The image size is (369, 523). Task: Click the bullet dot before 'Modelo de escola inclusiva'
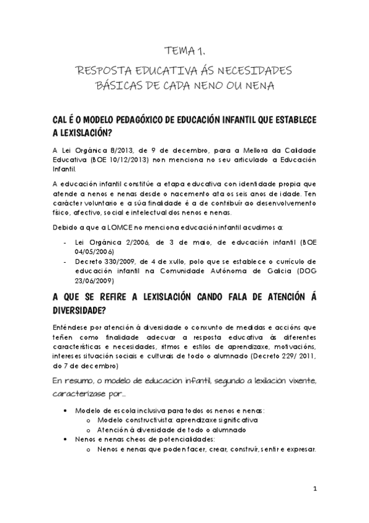65,410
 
